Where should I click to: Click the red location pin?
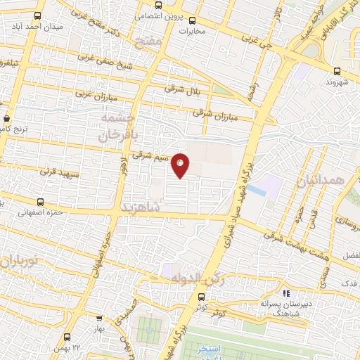coord(181,164)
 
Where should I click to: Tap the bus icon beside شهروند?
coord(337,71)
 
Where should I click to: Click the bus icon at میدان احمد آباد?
coord(37,15)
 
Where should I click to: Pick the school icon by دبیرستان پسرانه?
coord(285,293)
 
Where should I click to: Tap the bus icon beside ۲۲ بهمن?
coord(67,337)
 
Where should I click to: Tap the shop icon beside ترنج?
coord(7,119)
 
